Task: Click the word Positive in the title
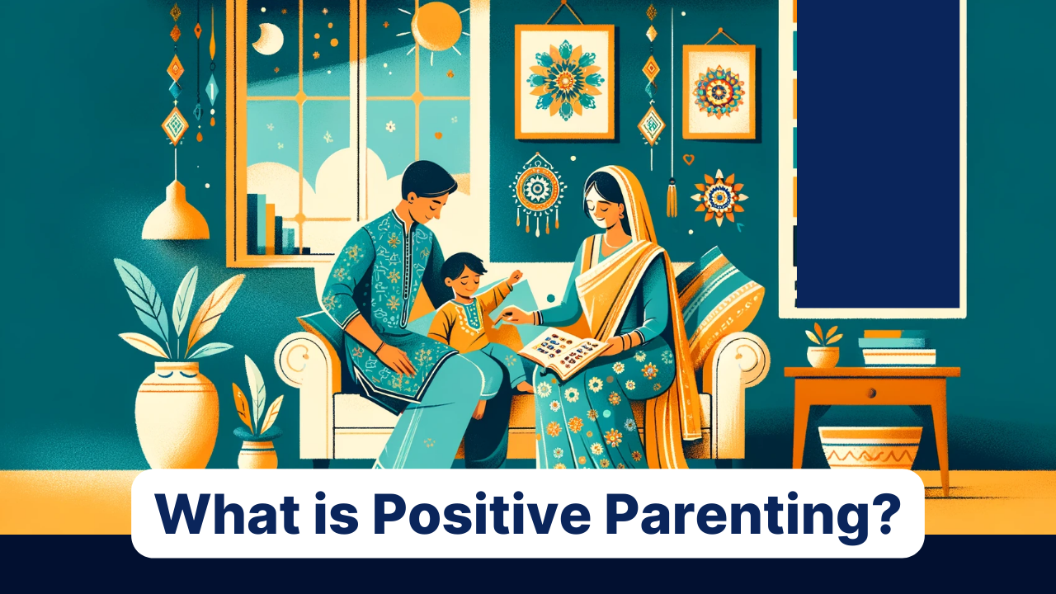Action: point(482,513)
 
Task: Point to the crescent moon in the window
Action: point(269,39)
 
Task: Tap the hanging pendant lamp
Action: point(176,210)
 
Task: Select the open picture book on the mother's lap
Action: point(564,352)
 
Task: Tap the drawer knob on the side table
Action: point(872,392)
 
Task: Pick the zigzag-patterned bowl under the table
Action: point(870,448)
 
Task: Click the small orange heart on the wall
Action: point(689,159)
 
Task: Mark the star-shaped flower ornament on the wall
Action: point(719,197)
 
